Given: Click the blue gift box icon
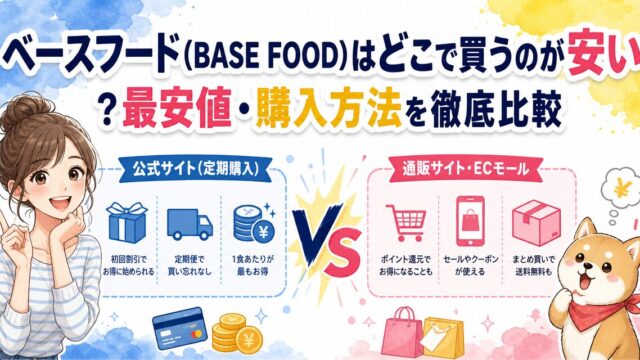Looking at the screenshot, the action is click(x=127, y=223).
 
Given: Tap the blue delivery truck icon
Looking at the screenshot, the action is click(x=190, y=224).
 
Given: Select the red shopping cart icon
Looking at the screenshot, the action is click(x=406, y=222).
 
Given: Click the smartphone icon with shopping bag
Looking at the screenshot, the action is click(x=470, y=221).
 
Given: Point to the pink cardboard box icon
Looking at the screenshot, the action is click(x=536, y=222).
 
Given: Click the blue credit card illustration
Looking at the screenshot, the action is click(x=180, y=329).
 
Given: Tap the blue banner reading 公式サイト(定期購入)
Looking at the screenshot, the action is click(x=196, y=169).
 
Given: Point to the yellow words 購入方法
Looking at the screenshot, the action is click(x=328, y=110).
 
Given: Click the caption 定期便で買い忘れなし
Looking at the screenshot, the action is click(x=190, y=265).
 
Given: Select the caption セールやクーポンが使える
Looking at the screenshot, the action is click(x=470, y=265).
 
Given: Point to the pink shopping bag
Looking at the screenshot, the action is click(x=401, y=332).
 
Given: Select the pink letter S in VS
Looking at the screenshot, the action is click(x=342, y=253).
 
